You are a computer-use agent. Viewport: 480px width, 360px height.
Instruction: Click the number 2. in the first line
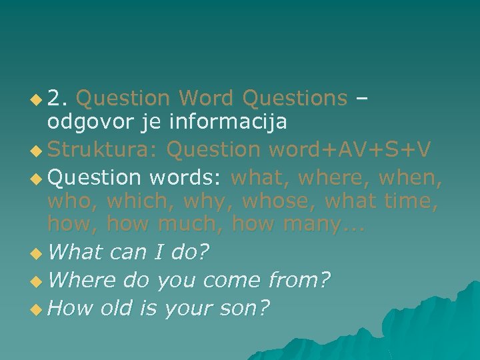click(x=59, y=99)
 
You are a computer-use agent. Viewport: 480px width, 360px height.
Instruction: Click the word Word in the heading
click(x=206, y=99)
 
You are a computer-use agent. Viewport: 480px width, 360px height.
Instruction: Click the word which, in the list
click(x=138, y=201)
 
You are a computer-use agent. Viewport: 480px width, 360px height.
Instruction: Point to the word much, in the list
click(x=191, y=224)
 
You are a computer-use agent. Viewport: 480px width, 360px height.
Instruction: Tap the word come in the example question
click(x=231, y=281)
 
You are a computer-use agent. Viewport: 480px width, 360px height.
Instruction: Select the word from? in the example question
click(x=298, y=281)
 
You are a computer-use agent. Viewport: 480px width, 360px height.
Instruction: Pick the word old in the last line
click(x=117, y=309)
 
